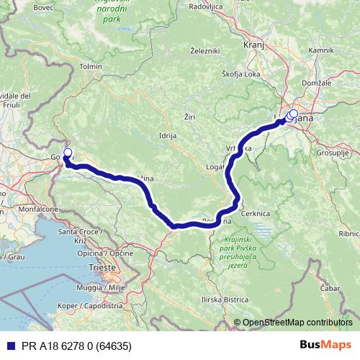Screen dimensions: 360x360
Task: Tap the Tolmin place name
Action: pos(91,66)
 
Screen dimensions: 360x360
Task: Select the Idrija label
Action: pos(167,135)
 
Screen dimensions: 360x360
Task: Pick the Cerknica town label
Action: pos(256,214)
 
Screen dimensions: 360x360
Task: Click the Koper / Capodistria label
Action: pos(82,306)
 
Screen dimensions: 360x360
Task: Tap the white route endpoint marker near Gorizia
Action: pos(68,153)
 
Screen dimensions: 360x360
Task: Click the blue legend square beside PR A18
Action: pos(6,345)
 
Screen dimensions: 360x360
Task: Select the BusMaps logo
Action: pos(325,344)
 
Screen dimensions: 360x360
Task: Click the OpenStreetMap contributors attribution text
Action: pos(297,323)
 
